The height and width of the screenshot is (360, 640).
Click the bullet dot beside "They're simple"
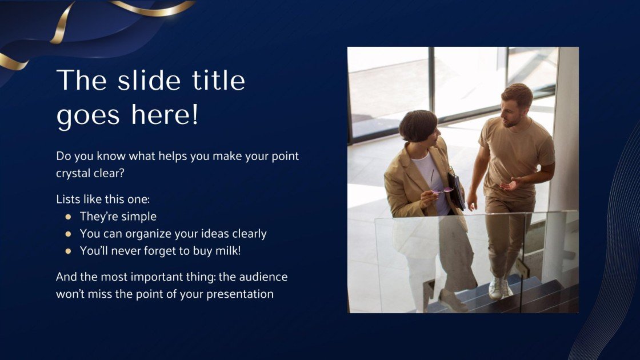coord(68,217)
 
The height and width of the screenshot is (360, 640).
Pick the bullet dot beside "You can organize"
coord(68,234)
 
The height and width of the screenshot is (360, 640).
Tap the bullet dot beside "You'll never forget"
coord(68,251)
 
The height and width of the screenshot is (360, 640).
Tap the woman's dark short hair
coord(418,124)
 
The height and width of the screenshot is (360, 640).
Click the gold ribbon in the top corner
coord(63,23)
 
